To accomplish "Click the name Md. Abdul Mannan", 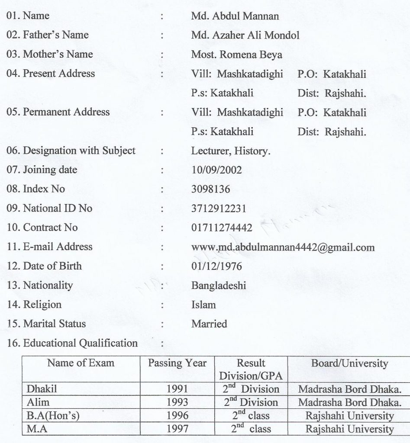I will pyautogui.click(x=235, y=16).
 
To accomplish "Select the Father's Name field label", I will pyautogui.click(x=50, y=35).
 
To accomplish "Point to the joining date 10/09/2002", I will pyautogui.click(x=216, y=170).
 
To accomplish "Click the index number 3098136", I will pyautogui.click(x=211, y=189).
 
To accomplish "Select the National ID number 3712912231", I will pyautogui.click(x=219, y=209).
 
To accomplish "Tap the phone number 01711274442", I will pyautogui.click(x=221, y=228).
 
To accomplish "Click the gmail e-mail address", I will pyautogui.click(x=283, y=247).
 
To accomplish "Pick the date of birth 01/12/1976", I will pyautogui.click(x=216, y=266).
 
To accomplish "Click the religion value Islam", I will pyautogui.click(x=203, y=305).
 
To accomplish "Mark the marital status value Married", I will pyautogui.click(x=209, y=324).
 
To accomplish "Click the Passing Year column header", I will pyautogui.click(x=178, y=363).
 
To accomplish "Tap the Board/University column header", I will pyautogui.click(x=350, y=363).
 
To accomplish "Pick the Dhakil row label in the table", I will pyautogui.click(x=42, y=389).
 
